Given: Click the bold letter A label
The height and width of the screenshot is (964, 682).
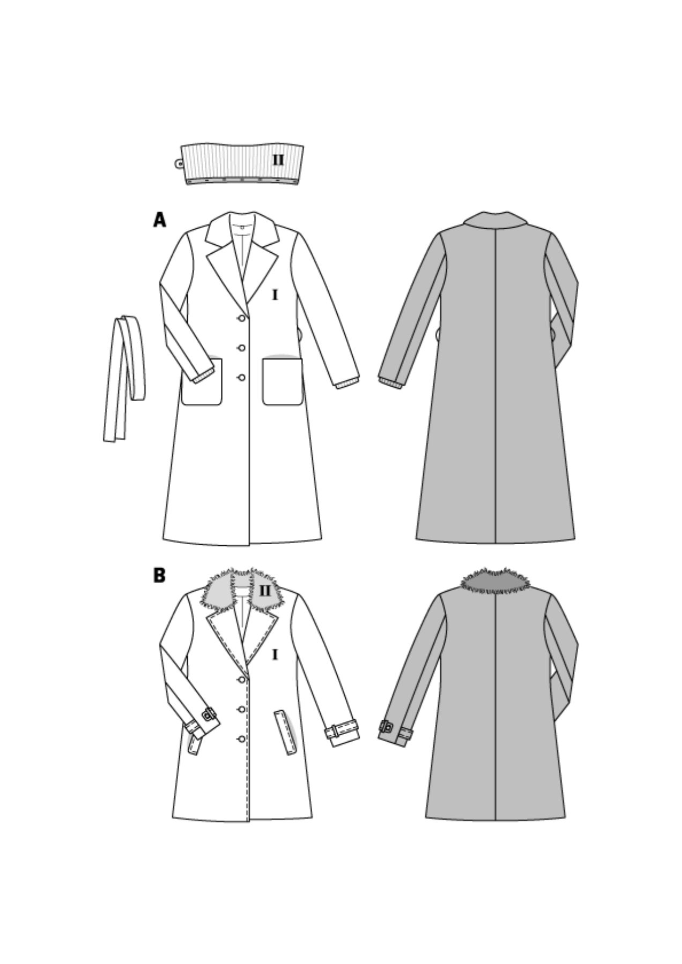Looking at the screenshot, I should (x=159, y=220).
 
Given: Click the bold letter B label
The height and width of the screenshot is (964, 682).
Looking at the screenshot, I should (x=159, y=575).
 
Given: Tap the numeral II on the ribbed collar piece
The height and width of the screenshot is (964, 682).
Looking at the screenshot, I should (x=278, y=160).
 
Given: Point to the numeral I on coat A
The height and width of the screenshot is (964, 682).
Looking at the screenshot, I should (x=275, y=295).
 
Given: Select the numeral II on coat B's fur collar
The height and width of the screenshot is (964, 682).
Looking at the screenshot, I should (x=265, y=591).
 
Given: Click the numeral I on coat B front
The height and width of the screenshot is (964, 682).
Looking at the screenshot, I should (x=275, y=654).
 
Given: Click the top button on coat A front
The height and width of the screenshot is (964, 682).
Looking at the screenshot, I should (x=242, y=319).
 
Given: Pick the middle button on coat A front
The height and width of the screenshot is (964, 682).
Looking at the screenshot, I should (x=242, y=348).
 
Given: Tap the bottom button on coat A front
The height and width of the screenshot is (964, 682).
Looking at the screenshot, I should (x=242, y=378).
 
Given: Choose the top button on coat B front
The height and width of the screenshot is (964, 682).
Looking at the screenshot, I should (x=242, y=680).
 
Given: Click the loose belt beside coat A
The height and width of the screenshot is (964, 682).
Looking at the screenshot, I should (x=124, y=375).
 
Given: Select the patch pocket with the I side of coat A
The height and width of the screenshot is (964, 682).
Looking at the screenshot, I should (x=283, y=381).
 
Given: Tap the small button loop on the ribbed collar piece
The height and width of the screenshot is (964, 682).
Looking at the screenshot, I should (x=178, y=162).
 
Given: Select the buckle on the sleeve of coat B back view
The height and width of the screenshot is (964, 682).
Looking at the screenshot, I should (x=386, y=727).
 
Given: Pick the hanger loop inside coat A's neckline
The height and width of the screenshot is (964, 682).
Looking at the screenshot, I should (x=241, y=227).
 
